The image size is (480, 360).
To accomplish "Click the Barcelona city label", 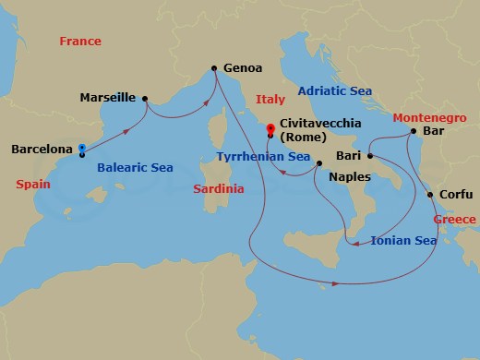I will (41, 149).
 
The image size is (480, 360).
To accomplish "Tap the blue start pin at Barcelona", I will (82, 148).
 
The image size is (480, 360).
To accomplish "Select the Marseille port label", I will (108, 97).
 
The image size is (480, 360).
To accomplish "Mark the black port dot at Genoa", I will (215, 68).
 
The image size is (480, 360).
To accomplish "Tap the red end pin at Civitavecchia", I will (270, 129).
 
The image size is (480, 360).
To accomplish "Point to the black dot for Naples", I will (318, 164).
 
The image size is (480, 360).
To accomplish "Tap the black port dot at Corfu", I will (431, 194).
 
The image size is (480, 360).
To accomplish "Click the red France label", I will (79, 42).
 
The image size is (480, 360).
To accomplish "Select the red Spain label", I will (33, 184).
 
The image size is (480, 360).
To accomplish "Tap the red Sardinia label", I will (218, 188).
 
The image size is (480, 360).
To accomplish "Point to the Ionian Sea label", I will (403, 241).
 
